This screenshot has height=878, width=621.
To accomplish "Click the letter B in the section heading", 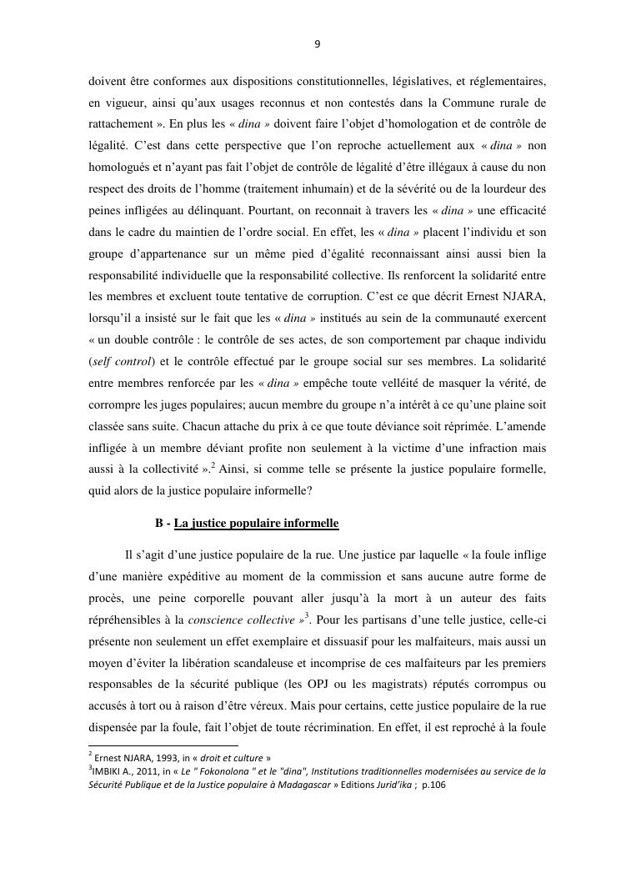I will [x=159, y=524].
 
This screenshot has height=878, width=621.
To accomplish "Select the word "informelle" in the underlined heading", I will [x=310, y=524].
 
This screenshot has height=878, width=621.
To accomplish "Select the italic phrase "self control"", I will [x=119, y=361].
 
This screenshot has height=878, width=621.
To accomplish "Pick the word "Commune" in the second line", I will [x=475, y=103].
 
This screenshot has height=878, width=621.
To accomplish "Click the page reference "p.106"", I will [x=433, y=785].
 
